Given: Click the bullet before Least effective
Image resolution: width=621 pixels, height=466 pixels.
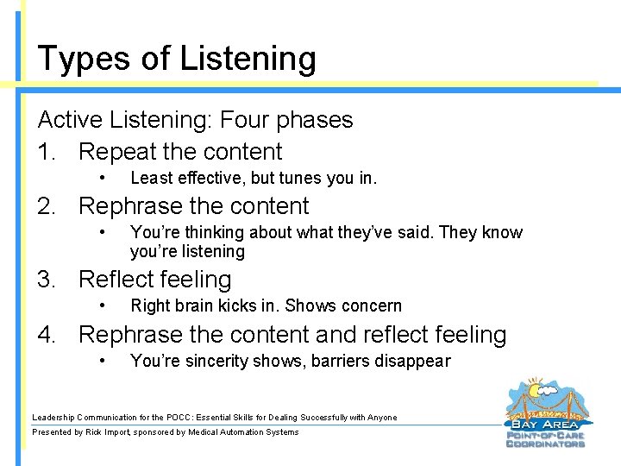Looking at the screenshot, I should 103,179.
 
